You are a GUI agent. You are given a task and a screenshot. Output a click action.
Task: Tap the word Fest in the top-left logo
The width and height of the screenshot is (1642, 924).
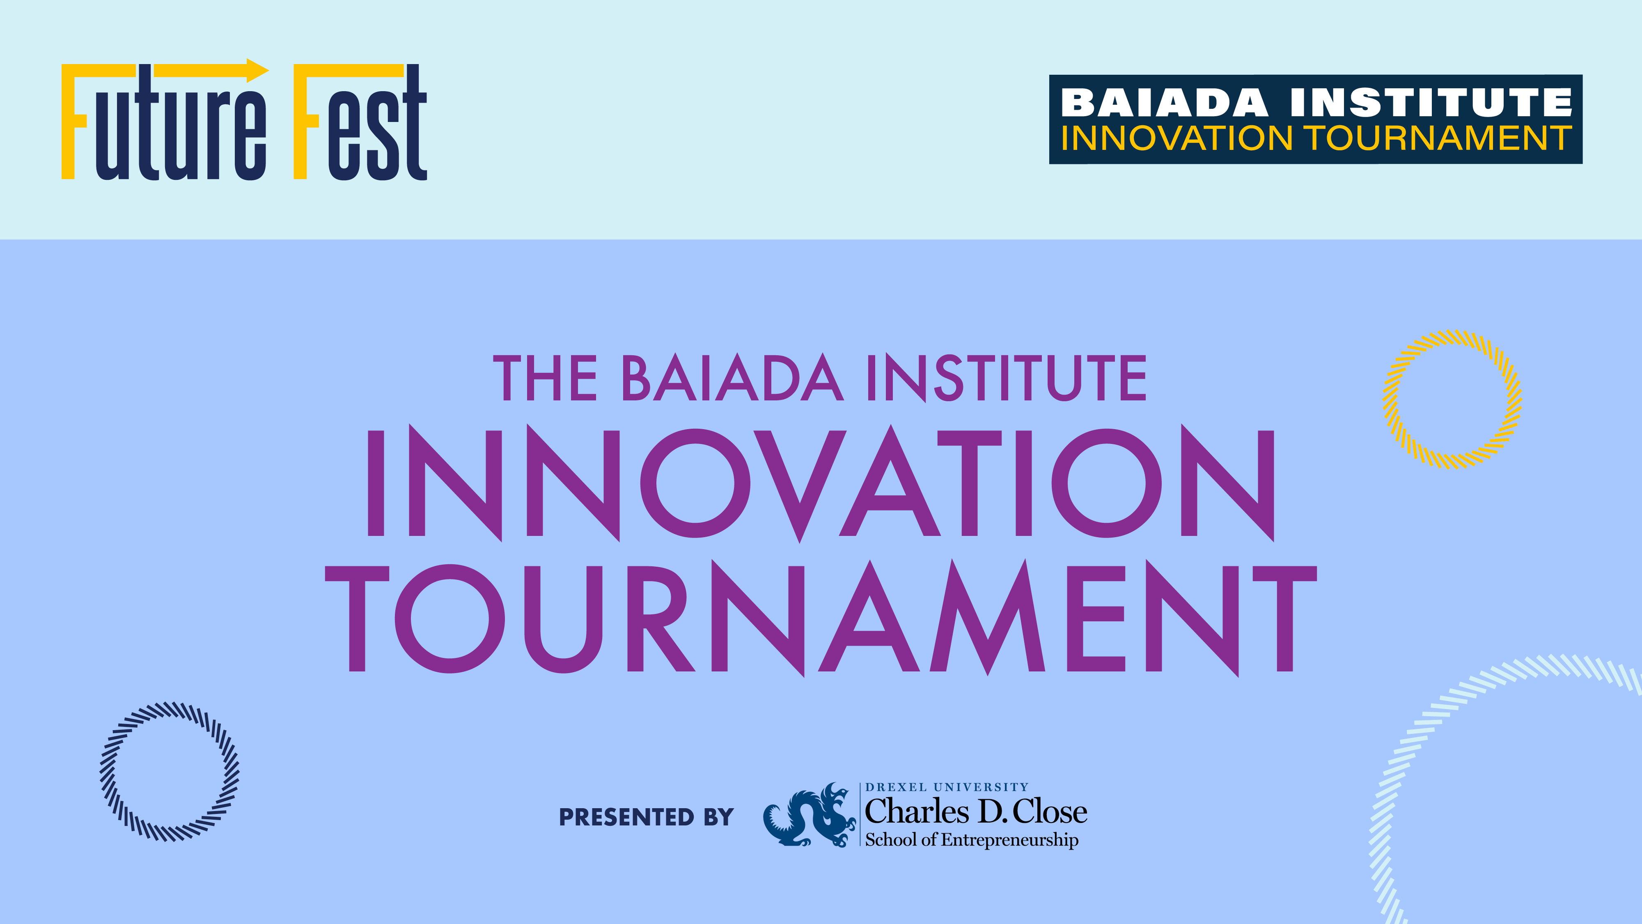(360, 121)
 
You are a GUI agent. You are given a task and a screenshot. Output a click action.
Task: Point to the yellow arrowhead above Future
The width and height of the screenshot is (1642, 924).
(257, 71)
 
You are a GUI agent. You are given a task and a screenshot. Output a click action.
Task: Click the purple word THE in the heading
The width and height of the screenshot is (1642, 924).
(546, 378)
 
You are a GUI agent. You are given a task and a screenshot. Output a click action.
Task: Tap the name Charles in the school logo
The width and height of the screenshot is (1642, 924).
(917, 812)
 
